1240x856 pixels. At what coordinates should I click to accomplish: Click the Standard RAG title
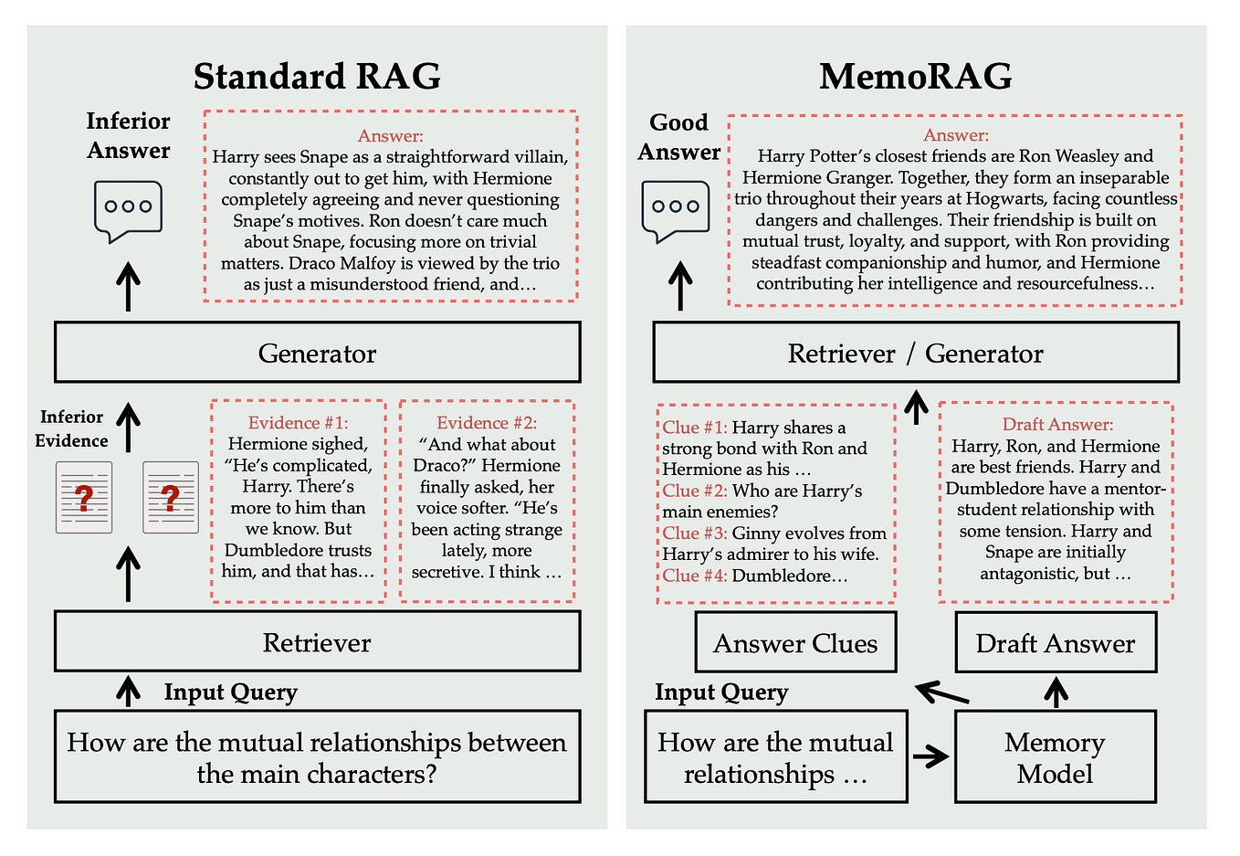317,76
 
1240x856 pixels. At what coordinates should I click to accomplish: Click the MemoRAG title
915,76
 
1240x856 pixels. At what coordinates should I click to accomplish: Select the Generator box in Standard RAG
317,353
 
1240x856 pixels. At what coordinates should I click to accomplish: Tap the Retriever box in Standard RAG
317,642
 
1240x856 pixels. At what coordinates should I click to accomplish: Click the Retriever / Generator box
915,353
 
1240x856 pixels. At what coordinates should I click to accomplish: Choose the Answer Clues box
795,643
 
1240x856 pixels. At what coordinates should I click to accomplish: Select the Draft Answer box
1055,643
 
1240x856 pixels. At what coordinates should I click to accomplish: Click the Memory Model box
1055,757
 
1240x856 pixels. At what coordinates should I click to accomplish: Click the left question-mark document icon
84,498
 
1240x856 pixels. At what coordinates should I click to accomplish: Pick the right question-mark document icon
171,498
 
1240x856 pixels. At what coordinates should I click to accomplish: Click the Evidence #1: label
298,423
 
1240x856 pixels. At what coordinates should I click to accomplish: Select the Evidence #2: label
487,423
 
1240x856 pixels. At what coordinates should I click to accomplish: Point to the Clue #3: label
695,534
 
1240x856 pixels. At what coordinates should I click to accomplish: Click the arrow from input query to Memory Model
930,756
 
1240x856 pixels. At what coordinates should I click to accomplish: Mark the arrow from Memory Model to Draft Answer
1056,692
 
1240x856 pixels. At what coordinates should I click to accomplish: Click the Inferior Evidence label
71,428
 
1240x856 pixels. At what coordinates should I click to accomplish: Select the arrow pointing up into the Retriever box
129,691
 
